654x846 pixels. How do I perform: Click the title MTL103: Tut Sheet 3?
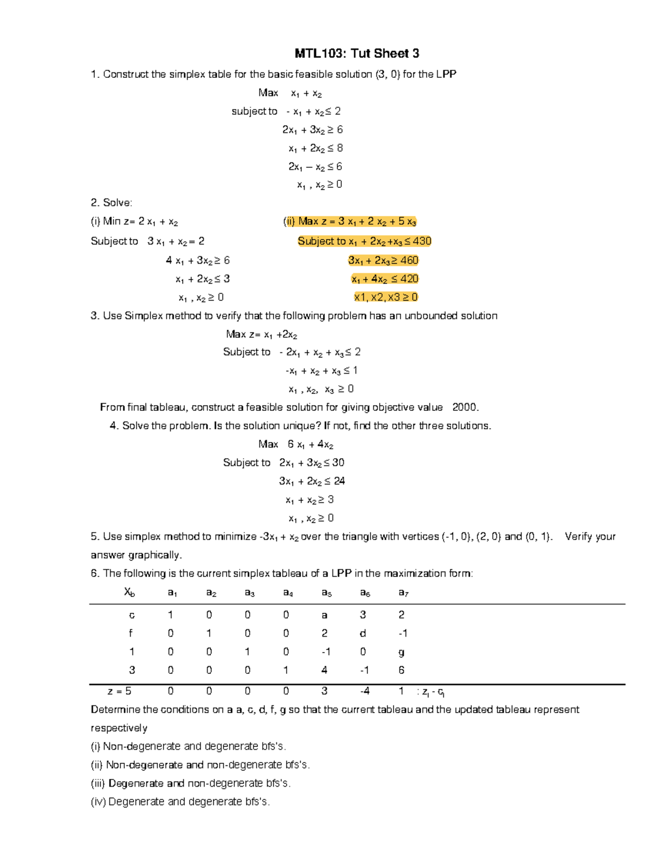click(x=356, y=53)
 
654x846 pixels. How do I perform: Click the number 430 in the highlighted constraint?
click(x=422, y=241)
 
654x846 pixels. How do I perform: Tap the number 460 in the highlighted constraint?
click(x=409, y=260)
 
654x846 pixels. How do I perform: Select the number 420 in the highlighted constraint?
click(x=409, y=279)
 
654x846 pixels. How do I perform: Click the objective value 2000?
click(x=465, y=407)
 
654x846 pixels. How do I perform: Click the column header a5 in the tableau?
click(x=326, y=593)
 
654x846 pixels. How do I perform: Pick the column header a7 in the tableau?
click(x=403, y=593)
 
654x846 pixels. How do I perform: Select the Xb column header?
click(x=130, y=592)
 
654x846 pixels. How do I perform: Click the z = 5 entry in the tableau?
click(x=119, y=691)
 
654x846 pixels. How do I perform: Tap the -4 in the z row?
click(x=365, y=691)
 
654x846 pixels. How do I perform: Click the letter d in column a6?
click(x=363, y=634)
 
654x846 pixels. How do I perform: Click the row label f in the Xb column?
click(x=131, y=634)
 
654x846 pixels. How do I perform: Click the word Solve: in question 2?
click(x=118, y=203)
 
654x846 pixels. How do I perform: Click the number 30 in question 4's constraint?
click(x=338, y=463)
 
